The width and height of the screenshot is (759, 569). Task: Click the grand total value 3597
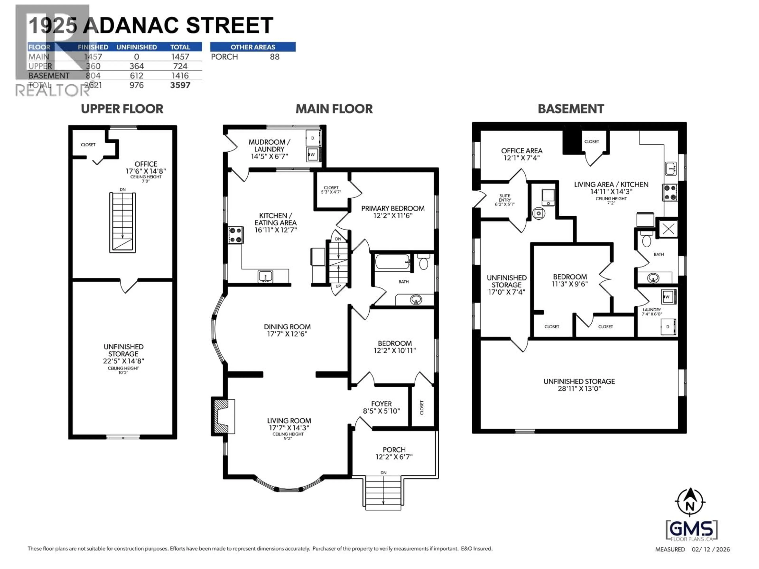coord(180,85)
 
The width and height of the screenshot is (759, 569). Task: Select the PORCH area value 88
coord(275,57)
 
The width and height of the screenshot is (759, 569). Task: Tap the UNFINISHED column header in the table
coord(137,47)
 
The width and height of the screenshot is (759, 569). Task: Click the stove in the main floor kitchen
coord(236,235)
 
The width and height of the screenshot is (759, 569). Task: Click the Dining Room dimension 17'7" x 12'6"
coord(287,334)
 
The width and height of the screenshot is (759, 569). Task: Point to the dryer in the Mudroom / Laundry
coord(312,138)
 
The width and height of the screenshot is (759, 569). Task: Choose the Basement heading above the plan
coord(571,109)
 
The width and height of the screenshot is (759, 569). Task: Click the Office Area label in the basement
coord(522,151)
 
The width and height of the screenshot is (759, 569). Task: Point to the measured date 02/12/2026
coord(711,549)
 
